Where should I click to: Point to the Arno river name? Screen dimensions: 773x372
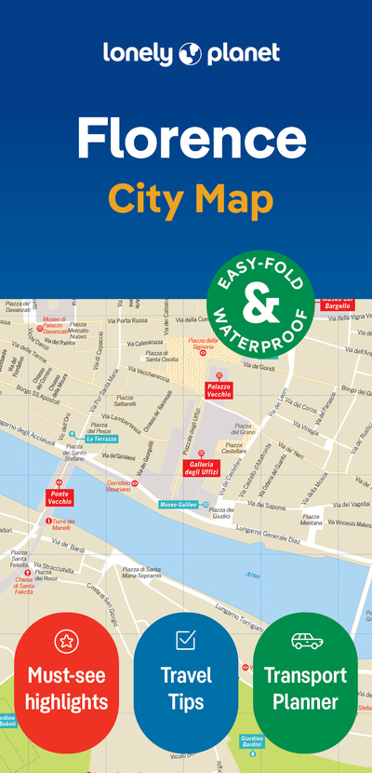(252, 575)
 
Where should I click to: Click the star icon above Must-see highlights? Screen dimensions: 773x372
(66, 641)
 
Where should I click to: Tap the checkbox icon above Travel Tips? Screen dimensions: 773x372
(185, 640)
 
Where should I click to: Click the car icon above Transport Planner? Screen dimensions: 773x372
(305, 641)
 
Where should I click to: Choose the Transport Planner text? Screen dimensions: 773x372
(305, 687)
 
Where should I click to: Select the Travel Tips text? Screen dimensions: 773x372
(185, 687)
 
